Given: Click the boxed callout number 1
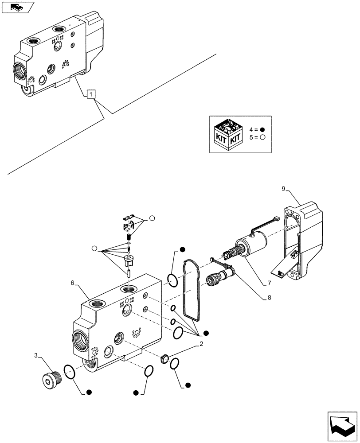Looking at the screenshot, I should coord(90,94).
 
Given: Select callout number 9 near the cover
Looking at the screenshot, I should coord(283,190).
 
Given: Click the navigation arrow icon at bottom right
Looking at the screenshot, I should coord(341,424).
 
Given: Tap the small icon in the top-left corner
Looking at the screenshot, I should coord(17,7).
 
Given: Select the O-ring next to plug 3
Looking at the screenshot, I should coord(69,372).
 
